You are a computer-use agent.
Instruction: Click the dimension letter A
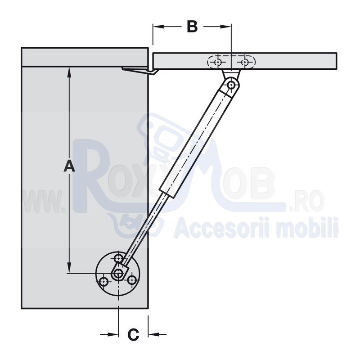[69, 166]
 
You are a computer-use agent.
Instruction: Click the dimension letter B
[192, 27]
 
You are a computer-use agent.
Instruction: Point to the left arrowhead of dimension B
[159, 27]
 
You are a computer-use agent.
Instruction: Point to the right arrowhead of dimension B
[225, 27]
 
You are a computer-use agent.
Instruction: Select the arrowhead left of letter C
[113, 334]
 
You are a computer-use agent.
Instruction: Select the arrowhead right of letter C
[154, 334]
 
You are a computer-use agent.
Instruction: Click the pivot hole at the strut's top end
[231, 85]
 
